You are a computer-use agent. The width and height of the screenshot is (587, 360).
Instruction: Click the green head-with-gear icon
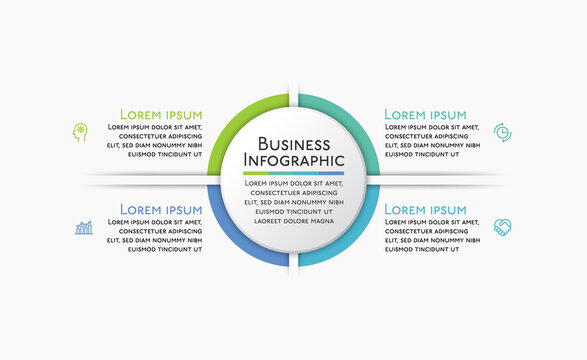coord(81,132)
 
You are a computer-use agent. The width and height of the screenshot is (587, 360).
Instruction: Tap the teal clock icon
coord(502,132)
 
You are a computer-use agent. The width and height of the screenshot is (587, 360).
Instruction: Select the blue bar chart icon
coord(84,228)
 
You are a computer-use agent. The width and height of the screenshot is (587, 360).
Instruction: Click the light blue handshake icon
coord(502,228)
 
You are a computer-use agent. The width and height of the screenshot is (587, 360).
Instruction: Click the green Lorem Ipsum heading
coord(161,114)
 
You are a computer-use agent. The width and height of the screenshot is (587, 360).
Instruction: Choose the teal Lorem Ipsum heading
coord(425,114)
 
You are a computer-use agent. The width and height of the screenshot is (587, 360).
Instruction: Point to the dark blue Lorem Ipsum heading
coord(161,209)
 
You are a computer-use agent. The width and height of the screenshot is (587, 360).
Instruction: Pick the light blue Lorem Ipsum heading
coord(425,209)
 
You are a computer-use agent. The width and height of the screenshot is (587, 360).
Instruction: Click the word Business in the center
coord(294,143)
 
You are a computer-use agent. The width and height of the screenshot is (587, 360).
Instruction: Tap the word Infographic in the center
coord(294,160)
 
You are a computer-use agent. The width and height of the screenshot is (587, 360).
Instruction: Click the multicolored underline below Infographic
coord(294,173)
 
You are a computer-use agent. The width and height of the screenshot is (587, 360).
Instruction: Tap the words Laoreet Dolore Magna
coord(294,221)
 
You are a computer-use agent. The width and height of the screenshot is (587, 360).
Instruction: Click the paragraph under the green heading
coord(155,141)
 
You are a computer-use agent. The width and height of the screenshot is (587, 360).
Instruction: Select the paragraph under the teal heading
coord(433,141)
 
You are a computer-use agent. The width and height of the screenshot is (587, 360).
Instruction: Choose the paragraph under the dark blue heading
coord(155,236)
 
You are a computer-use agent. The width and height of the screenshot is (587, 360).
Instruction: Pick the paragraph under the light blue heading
coord(433,236)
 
